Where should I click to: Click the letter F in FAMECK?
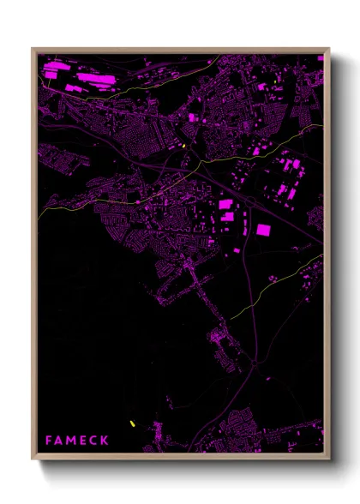click(x=49, y=441)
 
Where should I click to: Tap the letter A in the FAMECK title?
click(x=60, y=441)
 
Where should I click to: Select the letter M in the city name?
click(x=72, y=441)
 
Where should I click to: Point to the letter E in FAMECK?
click(x=84, y=441)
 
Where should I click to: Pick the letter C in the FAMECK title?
click(x=94, y=441)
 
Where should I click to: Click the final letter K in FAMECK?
click(x=105, y=441)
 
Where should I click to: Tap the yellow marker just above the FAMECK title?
click(x=132, y=423)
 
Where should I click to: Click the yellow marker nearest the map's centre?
click(x=183, y=146)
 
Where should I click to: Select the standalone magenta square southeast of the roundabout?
click(x=262, y=230)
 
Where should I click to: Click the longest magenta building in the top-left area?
click(x=96, y=78)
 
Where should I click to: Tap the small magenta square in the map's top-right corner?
click(x=321, y=58)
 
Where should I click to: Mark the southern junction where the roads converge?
click(x=255, y=363)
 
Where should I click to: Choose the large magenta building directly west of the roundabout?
click(x=226, y=204)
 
